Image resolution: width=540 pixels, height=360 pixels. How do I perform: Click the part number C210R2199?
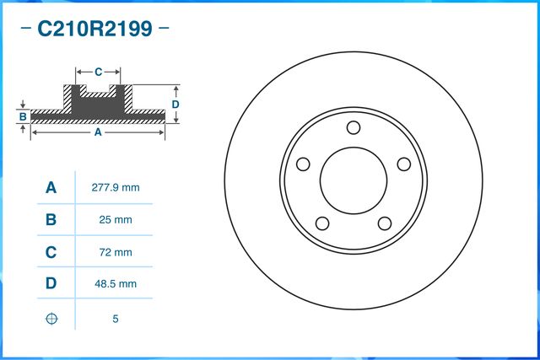(94, 30)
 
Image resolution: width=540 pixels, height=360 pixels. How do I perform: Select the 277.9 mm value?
(115, 187)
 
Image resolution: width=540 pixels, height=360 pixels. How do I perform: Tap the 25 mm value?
(115, 220)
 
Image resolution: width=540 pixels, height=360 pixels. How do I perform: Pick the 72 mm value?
(115, 252)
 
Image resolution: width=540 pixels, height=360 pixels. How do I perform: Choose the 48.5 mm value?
(115, 284)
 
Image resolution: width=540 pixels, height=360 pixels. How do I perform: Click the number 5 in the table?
(115, 319)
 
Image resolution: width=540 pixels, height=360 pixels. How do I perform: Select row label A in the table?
(51, 187)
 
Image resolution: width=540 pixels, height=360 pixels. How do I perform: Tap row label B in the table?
(51, 220)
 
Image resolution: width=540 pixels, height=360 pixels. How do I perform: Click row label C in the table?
(51, 252)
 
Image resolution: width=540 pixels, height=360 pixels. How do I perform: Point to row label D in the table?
(51, 284)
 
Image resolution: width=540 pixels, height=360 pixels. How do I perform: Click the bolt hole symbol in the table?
(51, 319)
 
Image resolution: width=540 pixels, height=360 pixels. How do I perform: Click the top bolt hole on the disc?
(354, 127)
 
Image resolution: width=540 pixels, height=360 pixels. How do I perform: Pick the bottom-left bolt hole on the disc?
(322, 223)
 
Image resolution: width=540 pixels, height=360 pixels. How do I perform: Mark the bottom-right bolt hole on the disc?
(385, 223)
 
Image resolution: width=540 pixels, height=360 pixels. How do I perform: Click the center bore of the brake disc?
(354, 180)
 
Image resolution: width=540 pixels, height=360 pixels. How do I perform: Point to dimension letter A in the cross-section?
(97, 132)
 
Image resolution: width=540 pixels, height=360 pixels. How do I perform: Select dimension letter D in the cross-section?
(175, 104)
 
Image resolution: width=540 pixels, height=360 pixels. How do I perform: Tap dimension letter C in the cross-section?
(98, 72)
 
